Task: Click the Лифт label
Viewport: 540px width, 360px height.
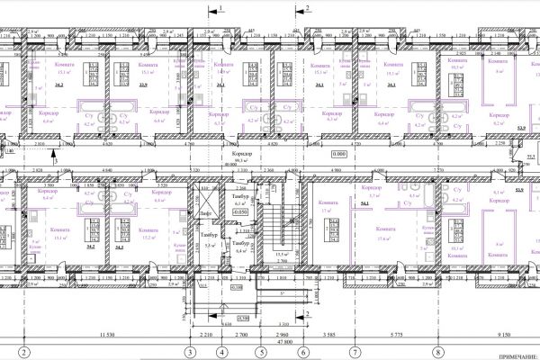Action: [x=208, y=212]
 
